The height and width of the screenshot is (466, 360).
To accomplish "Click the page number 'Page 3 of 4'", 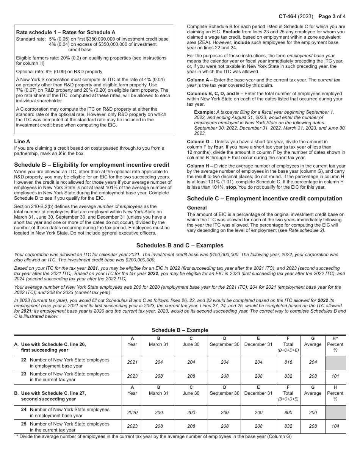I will click(x=332, y=17).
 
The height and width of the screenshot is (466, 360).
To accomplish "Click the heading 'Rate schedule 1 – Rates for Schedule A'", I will click(x=66, y=32).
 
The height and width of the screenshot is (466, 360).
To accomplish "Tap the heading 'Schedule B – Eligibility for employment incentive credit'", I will click(x=92, y=165).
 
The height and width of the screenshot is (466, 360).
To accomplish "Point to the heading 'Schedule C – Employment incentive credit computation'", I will click(x=265, y=199).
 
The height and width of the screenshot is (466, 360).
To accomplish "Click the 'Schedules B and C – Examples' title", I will click(x=180, y=246).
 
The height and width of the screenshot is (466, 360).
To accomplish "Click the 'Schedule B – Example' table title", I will click(x=180, y=330).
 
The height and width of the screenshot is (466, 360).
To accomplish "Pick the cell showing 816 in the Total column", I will click(x=288, y=362).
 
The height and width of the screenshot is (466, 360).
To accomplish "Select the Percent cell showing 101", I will click(x=335, y=376).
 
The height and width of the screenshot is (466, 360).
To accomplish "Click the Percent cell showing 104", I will click(x=335, y=426).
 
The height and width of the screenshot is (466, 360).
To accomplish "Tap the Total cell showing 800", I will click(x=288, y=412).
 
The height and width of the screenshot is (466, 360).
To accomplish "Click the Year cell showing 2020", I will click(x=132, y=412).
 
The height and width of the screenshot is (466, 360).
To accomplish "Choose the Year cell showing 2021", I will click(x=132, y=362).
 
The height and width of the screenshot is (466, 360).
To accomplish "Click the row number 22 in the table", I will click(x=24, y=360).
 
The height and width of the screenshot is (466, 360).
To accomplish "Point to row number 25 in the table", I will click(x=24, y=424).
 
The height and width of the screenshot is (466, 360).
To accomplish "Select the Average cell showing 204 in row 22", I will click(x=313, y=362).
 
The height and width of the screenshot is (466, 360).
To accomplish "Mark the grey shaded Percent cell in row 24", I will click(x=335, y=412).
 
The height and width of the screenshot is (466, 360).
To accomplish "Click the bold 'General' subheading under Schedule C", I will click(x=197, y=208).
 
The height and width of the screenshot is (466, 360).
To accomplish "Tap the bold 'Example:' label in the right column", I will click(x=204, y=112).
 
